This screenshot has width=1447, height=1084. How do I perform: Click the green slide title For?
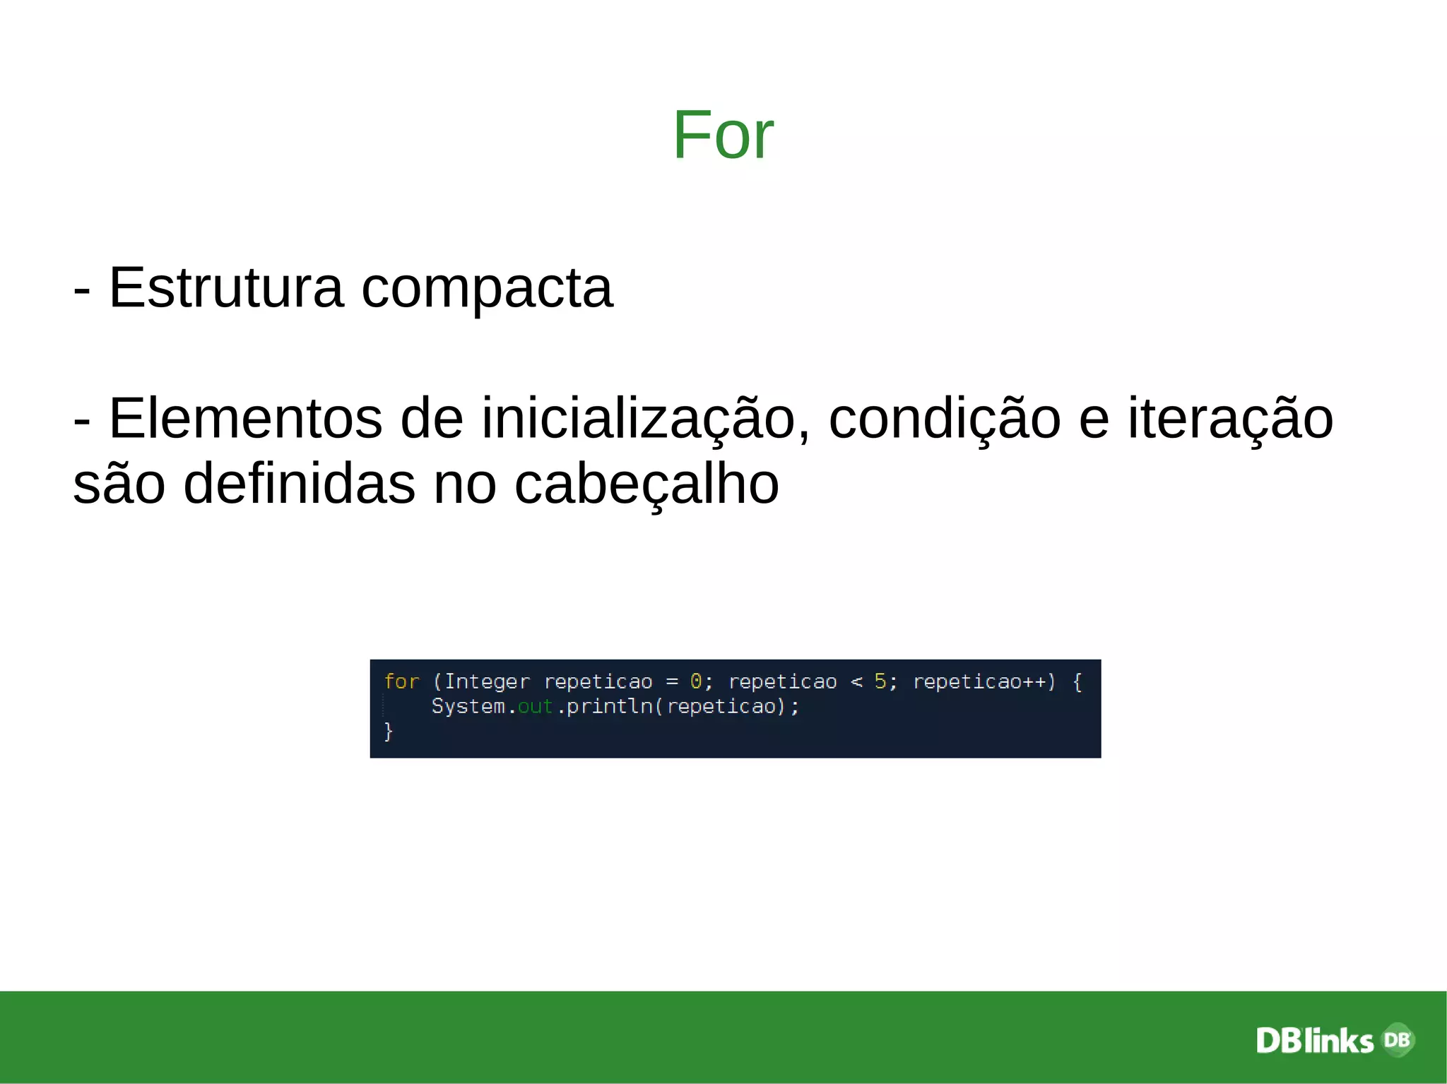(x=723, y=135)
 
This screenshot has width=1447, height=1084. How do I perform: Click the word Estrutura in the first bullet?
(x=226, y=288)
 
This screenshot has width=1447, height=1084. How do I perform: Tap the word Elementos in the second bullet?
(x=246, y=419)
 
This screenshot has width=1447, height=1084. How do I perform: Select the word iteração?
(x=1230, y=419)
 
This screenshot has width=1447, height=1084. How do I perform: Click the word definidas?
(x=300, y=484)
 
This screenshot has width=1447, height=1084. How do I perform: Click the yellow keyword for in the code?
(x=401, y=681)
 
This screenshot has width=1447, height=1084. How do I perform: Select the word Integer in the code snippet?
(x=487, y=681)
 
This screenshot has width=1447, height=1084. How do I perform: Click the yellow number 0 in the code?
(x=696, y=681)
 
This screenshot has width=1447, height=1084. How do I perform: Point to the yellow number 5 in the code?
(x=880, y=681)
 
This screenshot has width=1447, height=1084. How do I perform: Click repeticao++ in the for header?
(x=979, y=681)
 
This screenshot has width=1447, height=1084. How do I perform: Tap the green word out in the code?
(x=535, y=706)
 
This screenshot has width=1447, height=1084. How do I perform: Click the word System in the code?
(x=468, y=706)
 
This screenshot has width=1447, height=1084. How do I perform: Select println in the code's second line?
(x=610, y=706)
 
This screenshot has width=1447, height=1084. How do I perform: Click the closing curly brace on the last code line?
(x=388, y=731)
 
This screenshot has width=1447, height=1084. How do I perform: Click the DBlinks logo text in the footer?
(x=1315, y=1041)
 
